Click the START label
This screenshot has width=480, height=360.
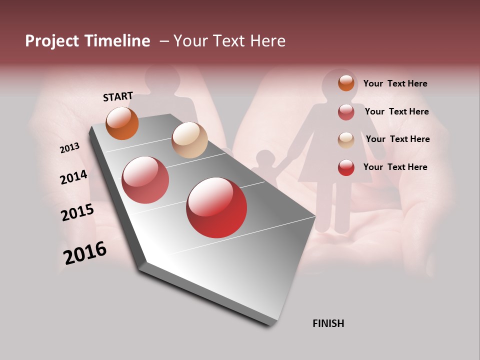coord(118,96)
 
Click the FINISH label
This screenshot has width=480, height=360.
coord(328,323)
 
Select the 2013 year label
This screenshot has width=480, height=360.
coord(69,148)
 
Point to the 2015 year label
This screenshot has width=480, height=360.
coord(77,212)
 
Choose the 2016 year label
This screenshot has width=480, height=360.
coord(85,253)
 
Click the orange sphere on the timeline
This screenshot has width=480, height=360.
coord(122,123)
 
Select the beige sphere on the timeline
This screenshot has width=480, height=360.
coord(189,140)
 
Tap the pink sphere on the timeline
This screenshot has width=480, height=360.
coord(145,180)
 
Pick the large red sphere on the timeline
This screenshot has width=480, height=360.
coord(216,207)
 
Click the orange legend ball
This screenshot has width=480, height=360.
coord(346,83)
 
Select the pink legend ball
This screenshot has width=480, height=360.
coord(346,112)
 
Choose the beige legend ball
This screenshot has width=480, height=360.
coord(346,140)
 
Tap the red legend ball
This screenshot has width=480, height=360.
coord(346,167)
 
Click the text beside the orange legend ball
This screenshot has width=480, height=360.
coord(395,83)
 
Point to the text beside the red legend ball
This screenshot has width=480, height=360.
coord(395,167)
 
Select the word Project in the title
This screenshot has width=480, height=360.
coord(52,41)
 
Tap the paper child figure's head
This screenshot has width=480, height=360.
coord(264,159)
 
